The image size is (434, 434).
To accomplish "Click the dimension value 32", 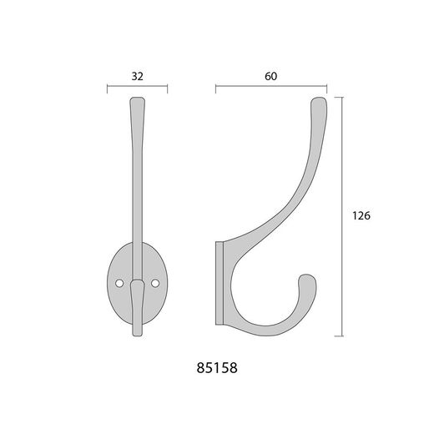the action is click(137, 76).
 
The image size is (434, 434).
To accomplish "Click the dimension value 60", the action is click(270, 76).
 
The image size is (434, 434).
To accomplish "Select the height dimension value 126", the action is click(361, 216).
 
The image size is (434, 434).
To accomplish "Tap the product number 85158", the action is click(217, 368).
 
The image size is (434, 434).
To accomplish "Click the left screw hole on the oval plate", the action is click(119, 283).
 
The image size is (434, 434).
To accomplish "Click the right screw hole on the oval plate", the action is click(155, 283).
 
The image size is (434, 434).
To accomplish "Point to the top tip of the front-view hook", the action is click(138, 98).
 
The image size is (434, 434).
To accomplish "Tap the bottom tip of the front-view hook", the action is click(138, 335).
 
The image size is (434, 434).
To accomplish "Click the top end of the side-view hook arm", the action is click(319, 98).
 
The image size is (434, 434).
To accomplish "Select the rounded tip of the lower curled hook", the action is click(306, 275).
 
